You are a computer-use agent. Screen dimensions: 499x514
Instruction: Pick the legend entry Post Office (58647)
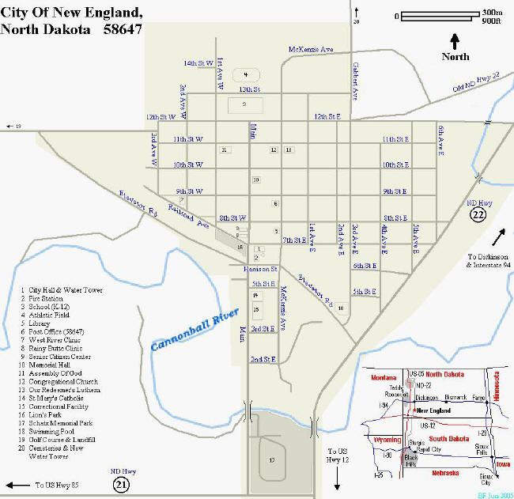click(57, 331)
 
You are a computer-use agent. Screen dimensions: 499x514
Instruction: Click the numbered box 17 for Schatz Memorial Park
click(272, 459)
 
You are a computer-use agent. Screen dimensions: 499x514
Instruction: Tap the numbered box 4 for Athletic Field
click(246, 74)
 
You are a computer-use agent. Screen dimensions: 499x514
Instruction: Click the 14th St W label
click(198, 62)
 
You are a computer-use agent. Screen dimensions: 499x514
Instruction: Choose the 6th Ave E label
click(442, 140)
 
